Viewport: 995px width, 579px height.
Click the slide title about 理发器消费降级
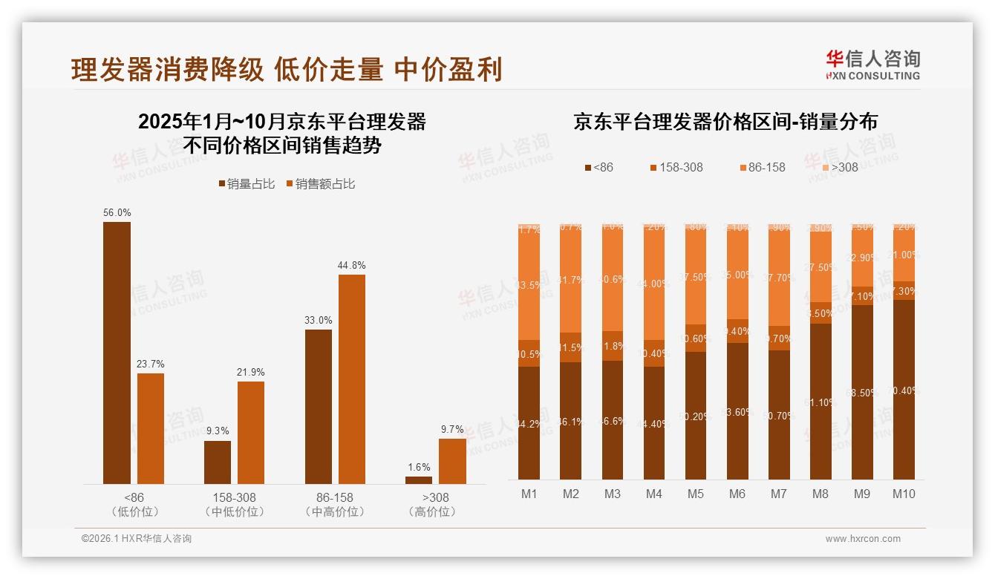pyautogui.click(x=287, y=69)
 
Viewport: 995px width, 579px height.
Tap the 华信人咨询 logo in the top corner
pyautogui.click(x=872, y=65)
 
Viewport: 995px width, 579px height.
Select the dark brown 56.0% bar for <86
pyautogui.click(x=117, y=353)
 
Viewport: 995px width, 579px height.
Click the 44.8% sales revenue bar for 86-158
pyautogui.click(x=352, y=379)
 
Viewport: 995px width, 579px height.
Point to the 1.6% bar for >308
pyautogui.click(x=419, y=480)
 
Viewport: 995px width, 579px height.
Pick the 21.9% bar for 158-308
pyautogui.click(x=251, y=432)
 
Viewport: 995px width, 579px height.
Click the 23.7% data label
pyautogui.click(x=151, y=364)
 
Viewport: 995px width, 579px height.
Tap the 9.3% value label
pyautogui.click(x=218, y=430)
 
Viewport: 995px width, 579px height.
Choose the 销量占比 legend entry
pyautogui.click(x=247, y=184)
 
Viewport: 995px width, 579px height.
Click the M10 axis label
pyautogui.click(x=904, y=494)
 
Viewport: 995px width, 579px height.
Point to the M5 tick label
pyautogui.click(x=696, y=494)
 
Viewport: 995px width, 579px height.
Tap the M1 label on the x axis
pyautogui.click(x=529, y=494)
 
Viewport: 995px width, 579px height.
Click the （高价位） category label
pyautogui.click(x=432, y=511)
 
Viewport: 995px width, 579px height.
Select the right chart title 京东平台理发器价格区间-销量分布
pyautogui.click(x=725, y=122)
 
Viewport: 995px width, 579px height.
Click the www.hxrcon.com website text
pyautogui.click(x=863, y=539)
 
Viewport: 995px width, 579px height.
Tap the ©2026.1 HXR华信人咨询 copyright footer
pyautogui.click(x=137, y=539)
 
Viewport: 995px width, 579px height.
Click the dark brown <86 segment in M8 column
pyautogui.click(x=821, y=401)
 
